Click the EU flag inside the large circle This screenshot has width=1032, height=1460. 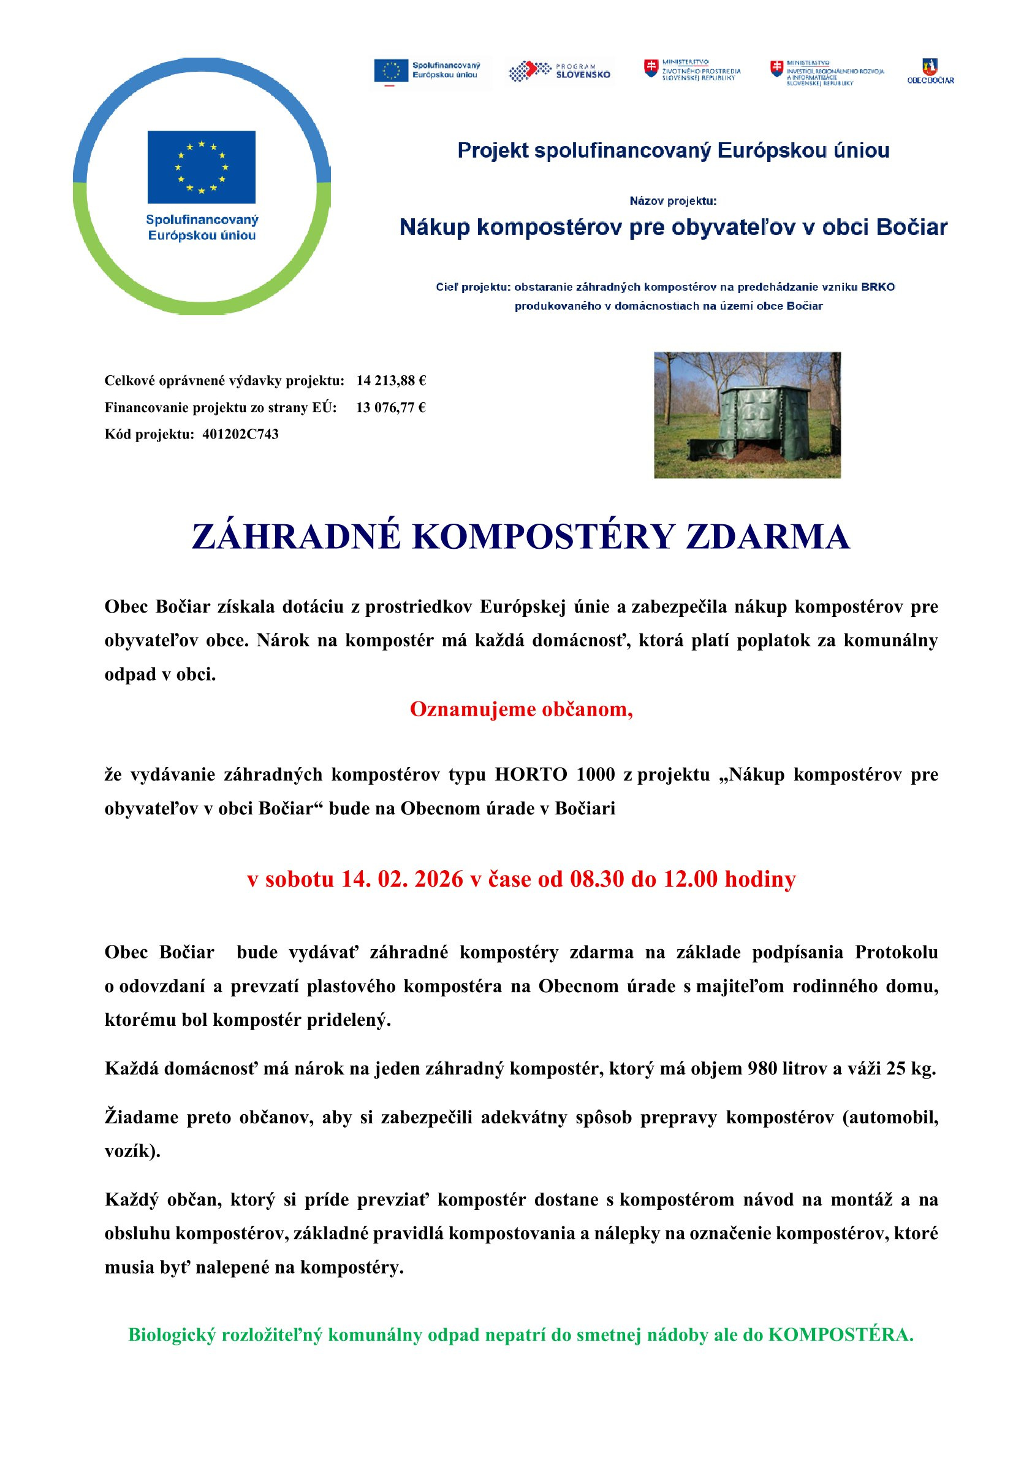[201, 167]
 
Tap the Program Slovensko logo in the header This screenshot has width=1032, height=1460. [560, 71]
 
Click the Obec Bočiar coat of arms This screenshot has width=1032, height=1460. [930, 67]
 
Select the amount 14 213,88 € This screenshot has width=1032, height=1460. [391, 381]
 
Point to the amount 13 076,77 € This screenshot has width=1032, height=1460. [390, 408]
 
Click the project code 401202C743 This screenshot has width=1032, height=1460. [240, 434]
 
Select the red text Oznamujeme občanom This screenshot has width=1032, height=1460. [521, 709]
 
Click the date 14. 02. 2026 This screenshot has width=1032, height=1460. [402, 879]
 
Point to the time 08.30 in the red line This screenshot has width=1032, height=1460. [597, 879]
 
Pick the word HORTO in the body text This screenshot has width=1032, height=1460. [531, 774]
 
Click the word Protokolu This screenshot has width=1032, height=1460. [896, 952]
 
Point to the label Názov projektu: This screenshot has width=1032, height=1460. [673, 201]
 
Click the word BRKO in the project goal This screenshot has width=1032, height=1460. [878, 287]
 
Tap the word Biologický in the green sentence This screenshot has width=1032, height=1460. [172, 1335]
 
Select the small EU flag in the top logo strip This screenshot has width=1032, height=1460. [391, 71]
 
